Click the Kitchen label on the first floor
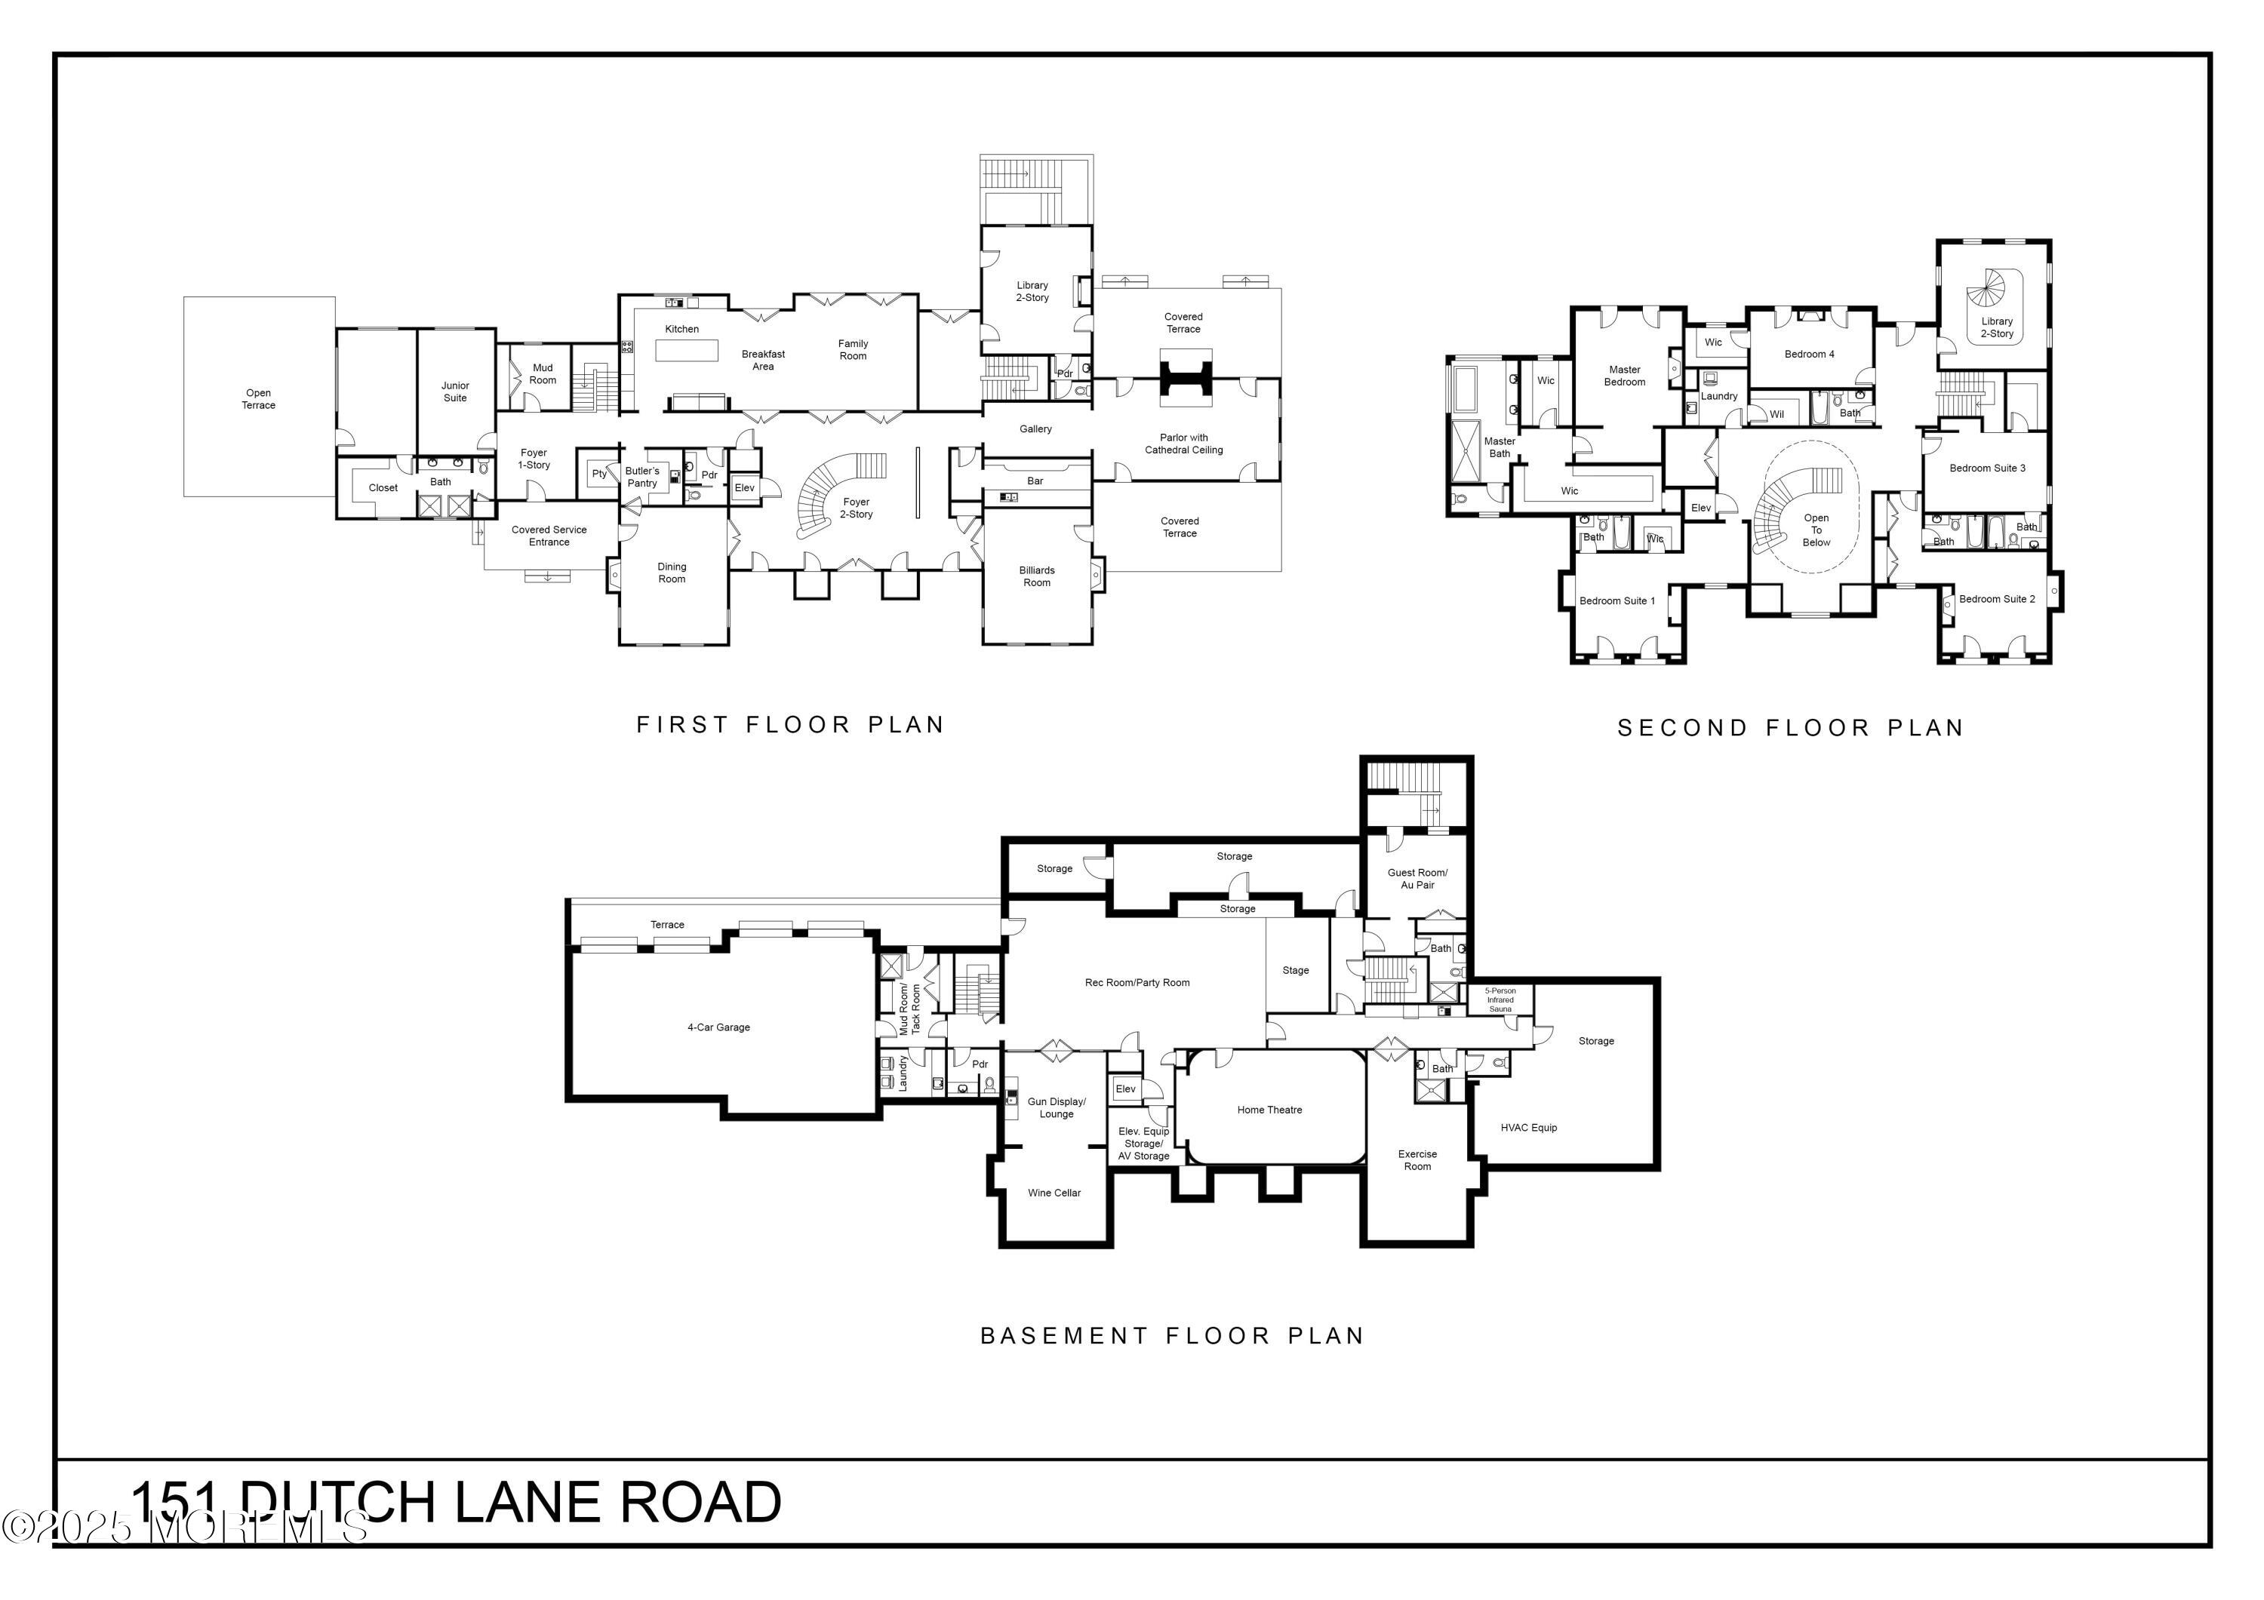pos(681,329)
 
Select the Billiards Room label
pos(1036,577)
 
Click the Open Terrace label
pos(258,399)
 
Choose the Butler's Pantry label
pos(642,478)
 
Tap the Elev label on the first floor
pos(744,488)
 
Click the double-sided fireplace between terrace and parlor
pos(1183,378)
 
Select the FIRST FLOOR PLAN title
pos(791,726)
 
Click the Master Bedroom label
pos(1624,376)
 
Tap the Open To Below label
pos(1816,530)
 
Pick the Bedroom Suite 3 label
pos(1987,468)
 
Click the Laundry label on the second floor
pos(1718,396)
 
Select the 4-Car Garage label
pos(719,1027)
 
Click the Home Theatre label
pos(1269,1110)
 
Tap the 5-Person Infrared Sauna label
pos(1500,1000)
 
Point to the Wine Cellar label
pos(1054,1193)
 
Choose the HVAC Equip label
pos(1528,1128)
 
